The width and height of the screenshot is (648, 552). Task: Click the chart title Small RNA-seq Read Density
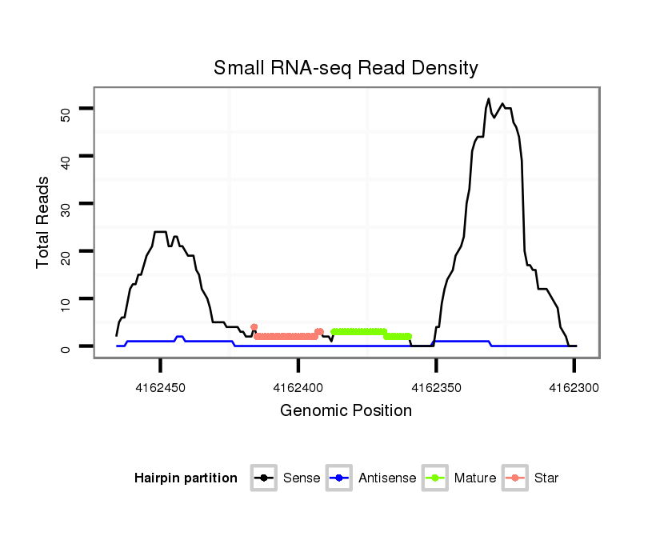point(346,68)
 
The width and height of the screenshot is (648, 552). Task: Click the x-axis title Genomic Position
point(346,411)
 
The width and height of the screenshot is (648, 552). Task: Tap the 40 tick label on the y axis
point(66,156)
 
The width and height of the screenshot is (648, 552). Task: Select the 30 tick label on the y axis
point(66,204)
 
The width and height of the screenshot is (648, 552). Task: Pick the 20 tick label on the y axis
point(66,251)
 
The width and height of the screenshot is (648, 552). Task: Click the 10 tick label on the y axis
point(66,299)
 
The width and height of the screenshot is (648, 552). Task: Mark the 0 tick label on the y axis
point(66,346)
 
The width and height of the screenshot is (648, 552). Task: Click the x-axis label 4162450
point(161,388)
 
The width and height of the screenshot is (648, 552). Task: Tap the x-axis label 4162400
point(298,388)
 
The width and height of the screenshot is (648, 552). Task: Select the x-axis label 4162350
point(436,388)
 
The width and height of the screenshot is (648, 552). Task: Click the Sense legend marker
point(263,478)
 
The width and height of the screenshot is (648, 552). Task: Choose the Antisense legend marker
point(338,478)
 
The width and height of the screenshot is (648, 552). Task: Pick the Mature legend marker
point(434,478)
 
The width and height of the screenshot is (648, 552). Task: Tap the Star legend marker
point(514,478)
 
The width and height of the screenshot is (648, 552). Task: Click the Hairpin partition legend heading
point(186,478)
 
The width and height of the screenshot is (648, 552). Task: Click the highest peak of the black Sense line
point(489,99)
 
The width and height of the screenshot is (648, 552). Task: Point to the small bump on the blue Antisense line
point(180,337)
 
